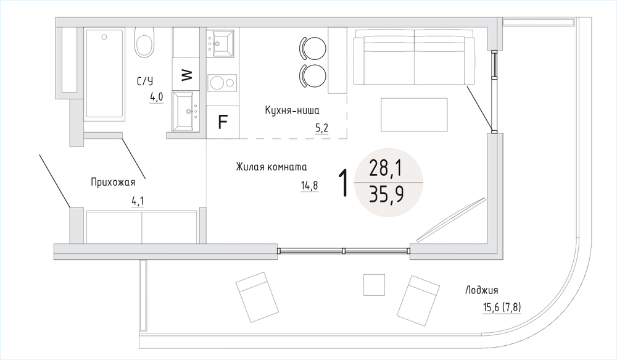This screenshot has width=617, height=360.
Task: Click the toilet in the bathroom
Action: tap(144, 43)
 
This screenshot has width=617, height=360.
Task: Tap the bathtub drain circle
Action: tap(104, 37)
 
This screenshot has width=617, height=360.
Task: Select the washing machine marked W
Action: tap(186, 74)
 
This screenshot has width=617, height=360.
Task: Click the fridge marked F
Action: tap(223, 122)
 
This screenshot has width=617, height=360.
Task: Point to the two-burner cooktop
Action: tap(222, 83)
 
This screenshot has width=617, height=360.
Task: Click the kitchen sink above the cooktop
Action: tap(220, 43)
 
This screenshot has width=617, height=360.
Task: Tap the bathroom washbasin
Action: tap(186, 112)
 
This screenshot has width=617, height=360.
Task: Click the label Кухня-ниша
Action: tap(292, 111)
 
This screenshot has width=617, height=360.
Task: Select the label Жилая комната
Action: tap(271, 167)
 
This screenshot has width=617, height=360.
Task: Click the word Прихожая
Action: tap(113, 182)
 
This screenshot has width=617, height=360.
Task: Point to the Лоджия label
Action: tap(482, 290)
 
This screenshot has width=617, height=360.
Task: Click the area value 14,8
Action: tap(309, 185)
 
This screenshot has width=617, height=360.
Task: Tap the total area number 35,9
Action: tap(386, 195)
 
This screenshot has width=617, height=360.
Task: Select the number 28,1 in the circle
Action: tap(386, 169)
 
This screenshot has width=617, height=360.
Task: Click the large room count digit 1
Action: tap(344, 183)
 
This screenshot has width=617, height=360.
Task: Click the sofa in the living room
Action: tap(415, 60)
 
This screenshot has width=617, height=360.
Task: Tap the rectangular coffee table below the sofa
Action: tap(414, 115)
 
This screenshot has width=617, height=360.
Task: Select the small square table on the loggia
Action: tap(374, 285)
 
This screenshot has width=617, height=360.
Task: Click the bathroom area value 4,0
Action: tap(156, 97)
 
